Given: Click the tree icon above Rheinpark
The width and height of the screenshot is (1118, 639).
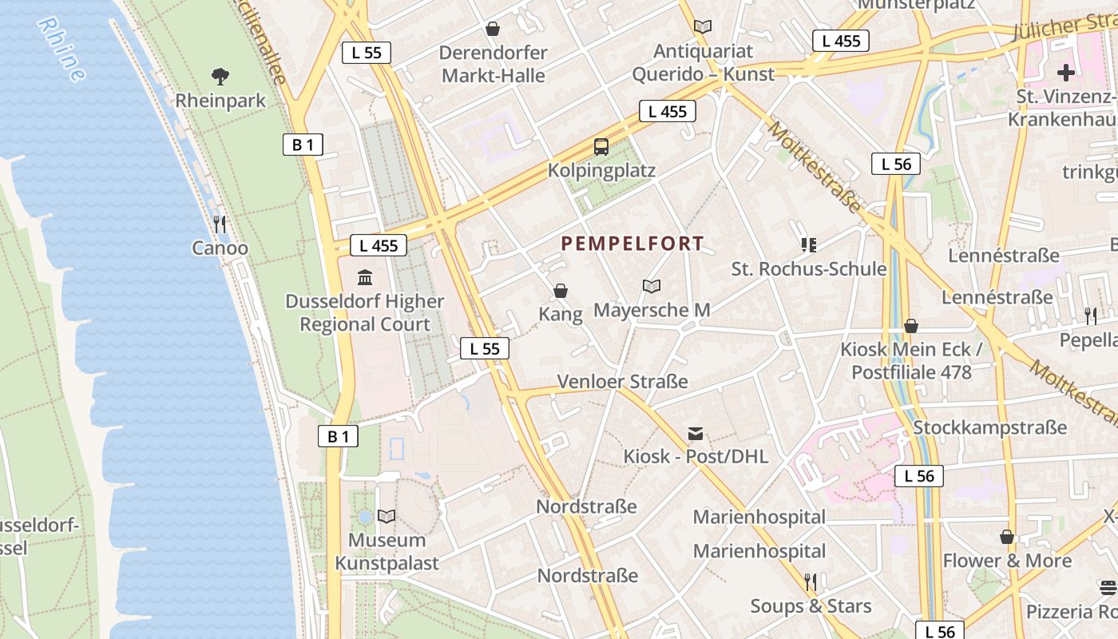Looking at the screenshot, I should click(220, 77).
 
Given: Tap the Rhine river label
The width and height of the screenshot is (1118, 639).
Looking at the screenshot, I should click(61, 50).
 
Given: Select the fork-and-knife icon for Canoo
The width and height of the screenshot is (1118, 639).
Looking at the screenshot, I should click(220, 224).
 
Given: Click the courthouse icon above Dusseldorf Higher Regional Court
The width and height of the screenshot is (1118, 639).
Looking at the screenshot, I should click(365, 277).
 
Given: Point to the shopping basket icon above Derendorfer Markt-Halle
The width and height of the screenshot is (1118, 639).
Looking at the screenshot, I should click(493, 29).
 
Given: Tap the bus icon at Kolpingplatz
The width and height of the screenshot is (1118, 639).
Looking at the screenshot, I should click(601, 147).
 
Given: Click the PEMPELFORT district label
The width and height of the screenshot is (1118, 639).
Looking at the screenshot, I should click(632, 244).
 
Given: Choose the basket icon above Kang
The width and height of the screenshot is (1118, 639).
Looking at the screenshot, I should click(561, 290).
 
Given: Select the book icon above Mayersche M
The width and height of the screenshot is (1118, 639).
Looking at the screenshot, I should click(652, 286).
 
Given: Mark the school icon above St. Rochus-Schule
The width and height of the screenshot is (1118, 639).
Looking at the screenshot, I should click(809, 244).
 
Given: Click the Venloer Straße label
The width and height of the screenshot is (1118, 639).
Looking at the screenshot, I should click(622, 382).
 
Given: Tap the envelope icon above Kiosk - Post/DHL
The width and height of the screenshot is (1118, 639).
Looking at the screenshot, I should click(696, 434).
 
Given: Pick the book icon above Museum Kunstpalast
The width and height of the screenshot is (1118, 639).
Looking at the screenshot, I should click(387, 517).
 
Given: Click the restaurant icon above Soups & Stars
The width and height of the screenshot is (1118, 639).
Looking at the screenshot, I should click(811, 582).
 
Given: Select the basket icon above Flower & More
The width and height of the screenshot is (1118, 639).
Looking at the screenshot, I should click(1007, 537).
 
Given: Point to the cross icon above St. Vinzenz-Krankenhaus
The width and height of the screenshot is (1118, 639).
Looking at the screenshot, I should click(1066, 73).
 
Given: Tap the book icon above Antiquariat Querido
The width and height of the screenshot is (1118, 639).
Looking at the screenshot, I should click(703, 27).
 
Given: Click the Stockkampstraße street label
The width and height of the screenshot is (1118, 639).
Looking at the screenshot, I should click(989, 427).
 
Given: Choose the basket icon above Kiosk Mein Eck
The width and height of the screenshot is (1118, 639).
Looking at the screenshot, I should click(911, 326).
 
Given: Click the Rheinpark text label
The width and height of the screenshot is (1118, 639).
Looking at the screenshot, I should click(220, 101).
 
